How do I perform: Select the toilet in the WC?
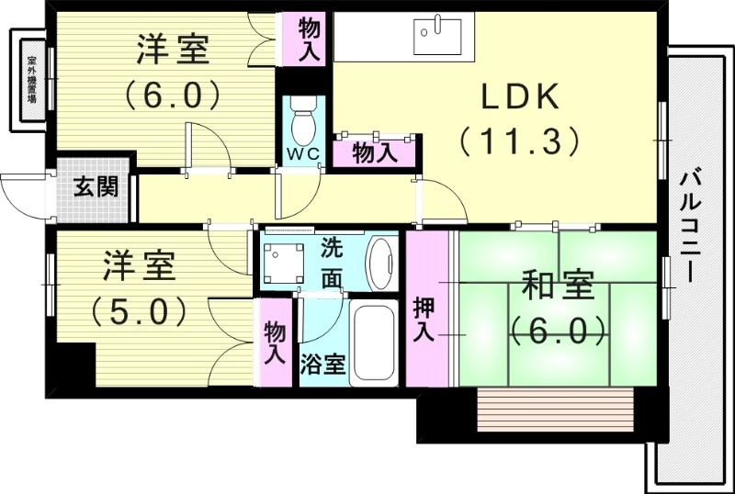coord(302,119)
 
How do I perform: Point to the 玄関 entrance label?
coord(96,189)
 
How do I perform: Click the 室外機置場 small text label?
coord(31,80)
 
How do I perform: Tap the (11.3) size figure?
coord(519,140)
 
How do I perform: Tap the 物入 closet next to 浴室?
coord(274,342)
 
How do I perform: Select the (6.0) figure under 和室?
coord(559,328)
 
